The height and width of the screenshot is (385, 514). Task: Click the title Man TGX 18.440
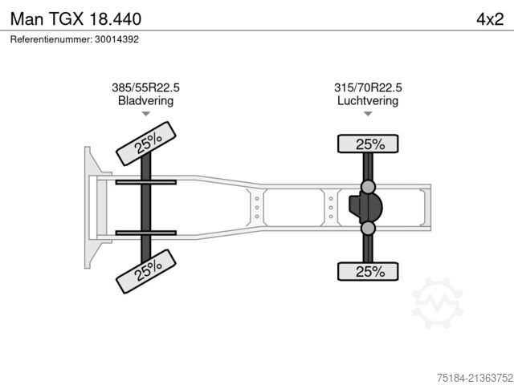[75, 19]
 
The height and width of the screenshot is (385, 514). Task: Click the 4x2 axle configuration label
[490, 19]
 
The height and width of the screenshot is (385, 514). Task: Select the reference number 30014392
[116, 39]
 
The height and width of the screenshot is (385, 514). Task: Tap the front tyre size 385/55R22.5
[145, 87]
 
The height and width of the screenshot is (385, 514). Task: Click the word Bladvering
[145, 100]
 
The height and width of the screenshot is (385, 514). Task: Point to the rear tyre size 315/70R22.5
[368, 87]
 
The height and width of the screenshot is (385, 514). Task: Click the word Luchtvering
[368, 100]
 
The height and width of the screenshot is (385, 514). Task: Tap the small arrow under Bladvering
[146, 114]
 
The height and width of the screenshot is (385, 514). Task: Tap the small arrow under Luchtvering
[368, 114]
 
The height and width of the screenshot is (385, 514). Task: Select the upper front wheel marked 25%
[146, 144]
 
